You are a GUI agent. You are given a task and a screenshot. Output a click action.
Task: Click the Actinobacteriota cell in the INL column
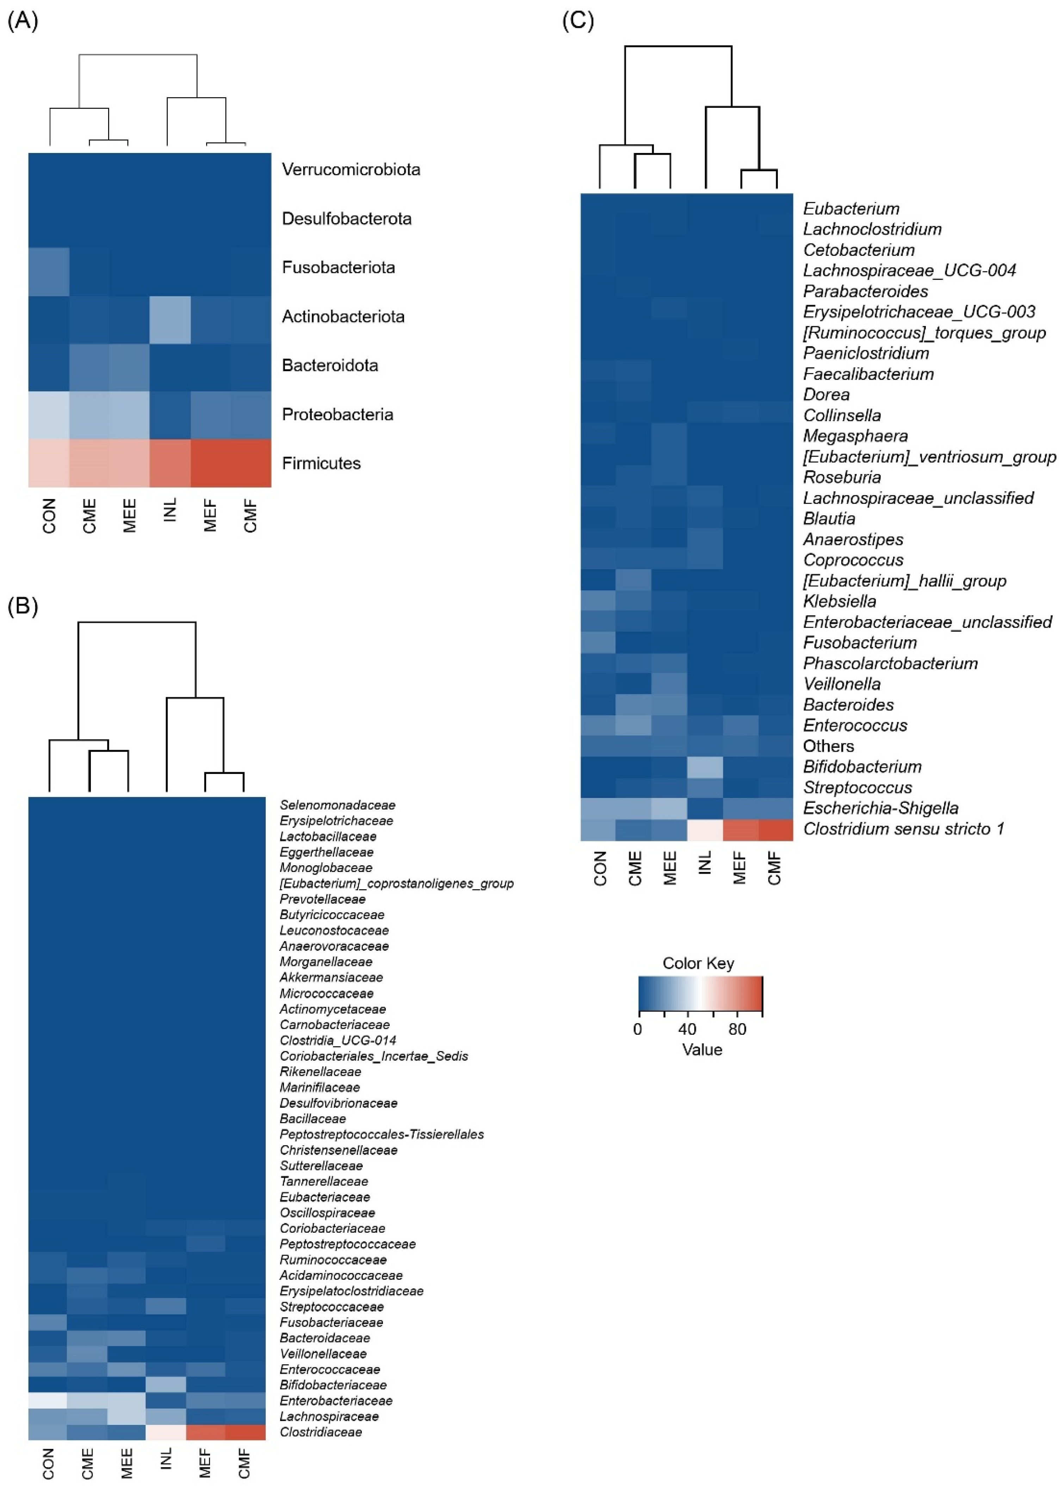[x=170, y=320]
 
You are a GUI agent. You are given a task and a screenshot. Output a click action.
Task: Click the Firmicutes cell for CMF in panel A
[x=251, y=463]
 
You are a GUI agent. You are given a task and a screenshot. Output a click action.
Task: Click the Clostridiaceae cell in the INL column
[x=166, y=1432]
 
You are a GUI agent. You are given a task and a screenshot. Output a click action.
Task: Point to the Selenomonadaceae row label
[x=337, y=805]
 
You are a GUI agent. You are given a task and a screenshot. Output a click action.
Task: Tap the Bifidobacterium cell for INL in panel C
[x=705, y=767]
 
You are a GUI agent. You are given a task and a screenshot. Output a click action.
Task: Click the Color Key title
[x=698, y=963]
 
